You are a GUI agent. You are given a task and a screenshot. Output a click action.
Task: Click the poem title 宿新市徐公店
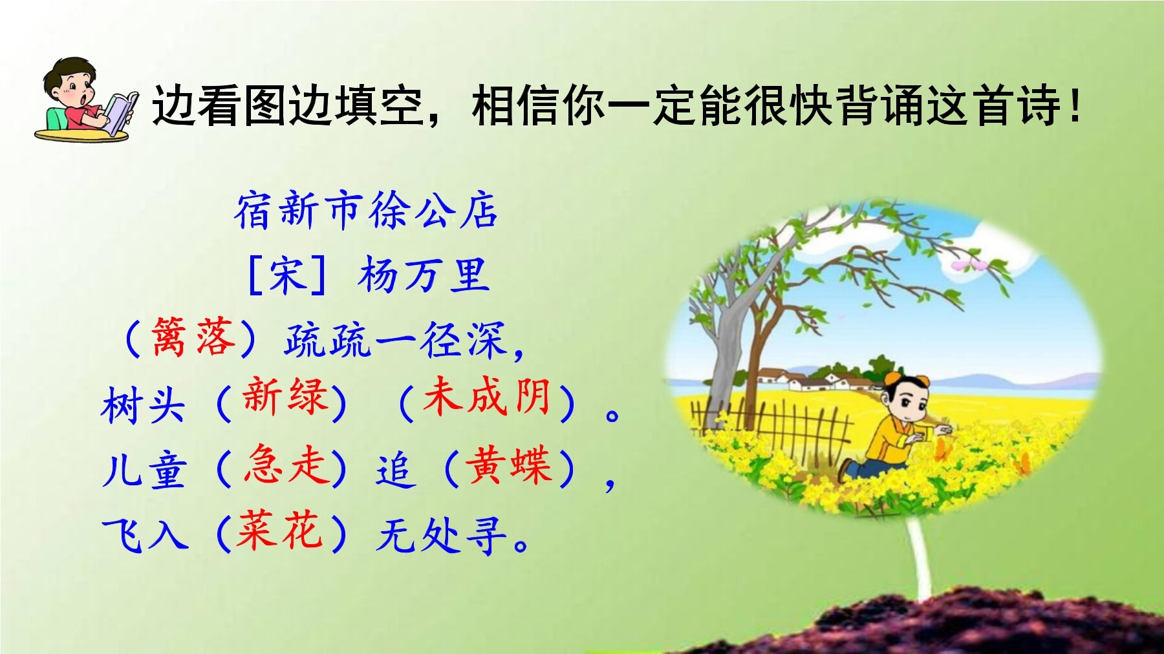point(366,211)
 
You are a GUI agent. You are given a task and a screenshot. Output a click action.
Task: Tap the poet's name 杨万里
point(424,275)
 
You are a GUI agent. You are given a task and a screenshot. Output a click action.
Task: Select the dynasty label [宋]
point(287,275)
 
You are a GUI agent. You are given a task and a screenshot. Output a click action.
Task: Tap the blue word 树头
point(143,405)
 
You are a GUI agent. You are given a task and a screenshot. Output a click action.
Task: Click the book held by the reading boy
point(120,112)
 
